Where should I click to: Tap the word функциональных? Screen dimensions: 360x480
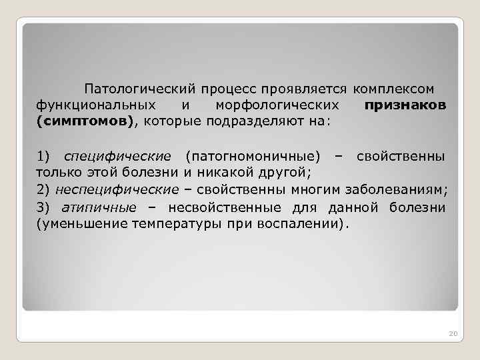coord(96,105)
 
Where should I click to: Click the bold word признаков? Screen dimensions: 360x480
coord(406,105)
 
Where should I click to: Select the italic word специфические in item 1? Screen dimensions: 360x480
coord(117,157)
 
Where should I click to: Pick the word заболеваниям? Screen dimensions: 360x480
coord(403,190)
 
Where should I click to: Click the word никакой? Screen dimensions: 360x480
coord(221,173)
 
